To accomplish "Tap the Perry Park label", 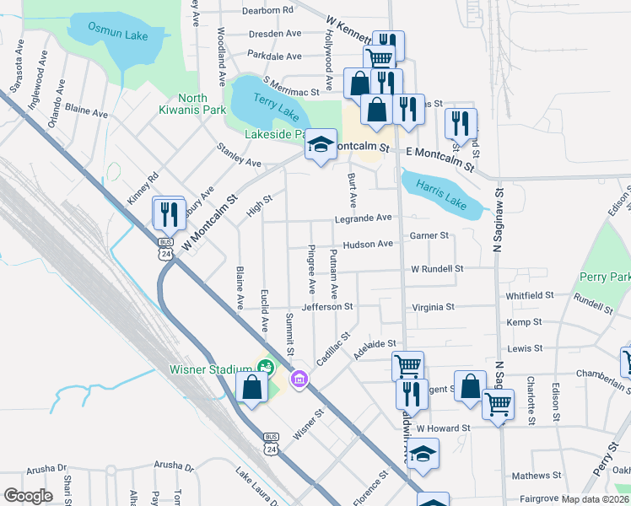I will (605, 277).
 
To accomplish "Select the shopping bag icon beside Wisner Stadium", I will (251, 388).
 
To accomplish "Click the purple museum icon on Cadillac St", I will (298, 381).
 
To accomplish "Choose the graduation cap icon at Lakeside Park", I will (321, 144).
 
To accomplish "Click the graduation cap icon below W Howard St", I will (423, 454).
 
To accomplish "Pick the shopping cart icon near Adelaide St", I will (407, 366).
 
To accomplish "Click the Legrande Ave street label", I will (363, 218).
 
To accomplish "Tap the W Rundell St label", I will (437, 268).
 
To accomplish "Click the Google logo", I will (29, 496).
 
